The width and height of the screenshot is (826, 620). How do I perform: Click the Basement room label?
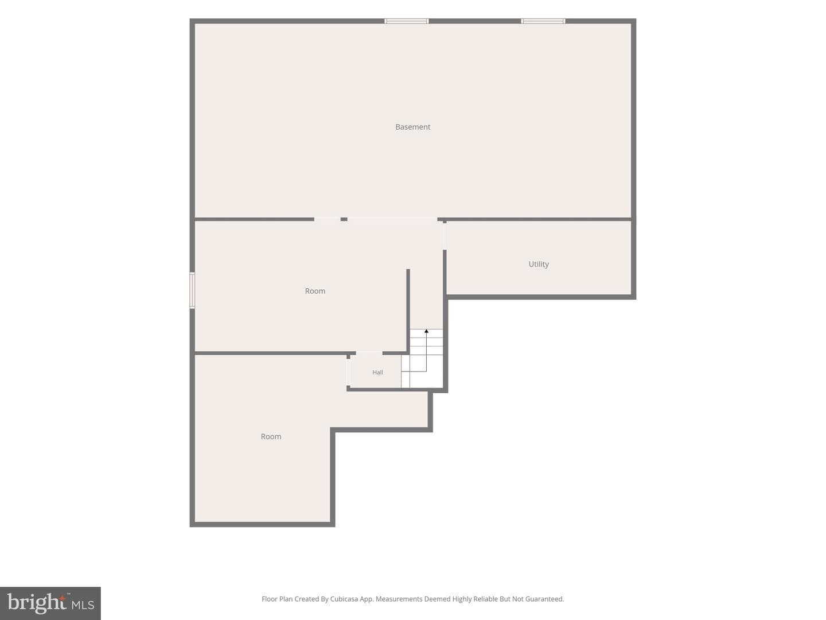[412, 127]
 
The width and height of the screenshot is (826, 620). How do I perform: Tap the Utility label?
[539, 264]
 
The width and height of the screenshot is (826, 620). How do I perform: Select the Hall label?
[377, 373]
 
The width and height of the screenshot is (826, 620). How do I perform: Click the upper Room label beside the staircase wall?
[315, 291]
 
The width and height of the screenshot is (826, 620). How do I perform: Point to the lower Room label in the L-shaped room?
[271, 437]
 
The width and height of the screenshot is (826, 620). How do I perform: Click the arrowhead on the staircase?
[426, 331]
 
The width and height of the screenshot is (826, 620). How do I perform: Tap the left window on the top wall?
[407, 21]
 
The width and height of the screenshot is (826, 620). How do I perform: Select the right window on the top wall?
[543, 21]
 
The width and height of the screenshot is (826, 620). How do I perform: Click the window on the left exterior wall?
[192, 290]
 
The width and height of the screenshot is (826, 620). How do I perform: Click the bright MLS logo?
[50, 603]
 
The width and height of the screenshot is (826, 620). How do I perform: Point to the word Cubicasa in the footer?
[344, 599]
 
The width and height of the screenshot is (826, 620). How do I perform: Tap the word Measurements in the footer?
[399, 599]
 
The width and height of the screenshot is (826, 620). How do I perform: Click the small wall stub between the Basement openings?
[344, 219]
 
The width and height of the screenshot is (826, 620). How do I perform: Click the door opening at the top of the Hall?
[369, 353]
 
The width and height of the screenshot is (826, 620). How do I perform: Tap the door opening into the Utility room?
[445, 236]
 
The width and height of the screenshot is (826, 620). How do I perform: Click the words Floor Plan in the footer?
[277, 599]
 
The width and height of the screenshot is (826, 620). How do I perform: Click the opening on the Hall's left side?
[348, 373]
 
